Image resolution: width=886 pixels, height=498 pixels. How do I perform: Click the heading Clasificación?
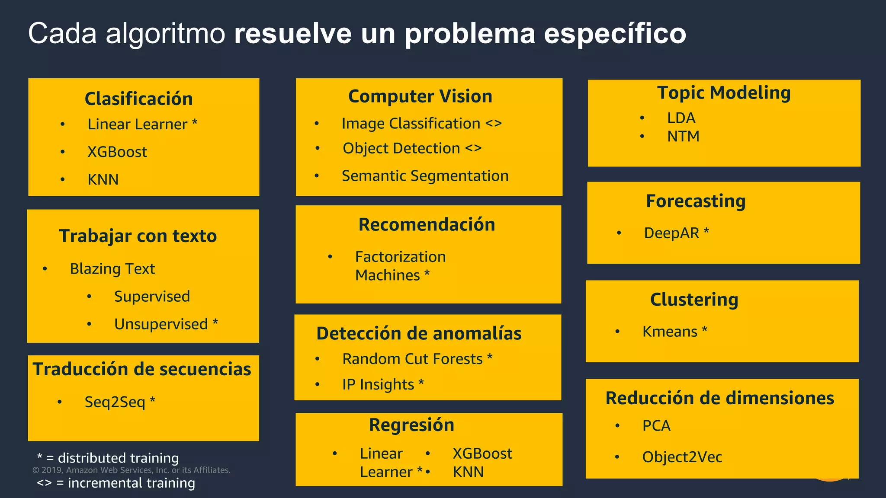click(x=138, y=99)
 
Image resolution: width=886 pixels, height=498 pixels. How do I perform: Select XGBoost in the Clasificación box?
click(x=117, y=152)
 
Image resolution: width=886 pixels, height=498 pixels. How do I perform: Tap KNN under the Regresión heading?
click(x=468, y=472)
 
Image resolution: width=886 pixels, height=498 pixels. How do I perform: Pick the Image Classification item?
click(x=411, y=124)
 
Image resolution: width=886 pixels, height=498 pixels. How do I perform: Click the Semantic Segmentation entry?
click(x=425, y=176)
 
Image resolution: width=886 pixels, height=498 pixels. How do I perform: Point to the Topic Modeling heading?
click(x=724, y=93)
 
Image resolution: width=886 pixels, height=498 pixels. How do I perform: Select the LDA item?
click(x=681, y=118)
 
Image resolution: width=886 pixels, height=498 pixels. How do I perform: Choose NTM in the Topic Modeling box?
click(x=683, y=137)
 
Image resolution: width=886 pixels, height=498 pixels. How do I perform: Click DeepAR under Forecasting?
click(x=671, y=233)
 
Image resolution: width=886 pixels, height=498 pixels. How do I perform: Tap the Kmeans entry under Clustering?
click(x=670, y=332)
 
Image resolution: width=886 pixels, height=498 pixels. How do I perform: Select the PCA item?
click(x=656, y=426)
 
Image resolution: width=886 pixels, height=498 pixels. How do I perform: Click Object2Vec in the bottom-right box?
click(x=682, y=457)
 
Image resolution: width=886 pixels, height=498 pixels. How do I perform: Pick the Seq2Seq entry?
click(x=115, y=402)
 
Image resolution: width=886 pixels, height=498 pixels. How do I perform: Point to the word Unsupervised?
click(x=161, y=324)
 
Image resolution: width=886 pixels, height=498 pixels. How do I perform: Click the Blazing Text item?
click(x=112, y=269)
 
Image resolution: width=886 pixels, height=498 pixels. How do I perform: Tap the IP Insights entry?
click(x=378, y=384)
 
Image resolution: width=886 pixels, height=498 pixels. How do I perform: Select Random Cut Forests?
click(x=412, y=359)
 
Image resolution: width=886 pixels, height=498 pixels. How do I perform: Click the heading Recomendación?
click(x=427, y=225)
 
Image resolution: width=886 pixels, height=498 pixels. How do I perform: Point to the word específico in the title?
click(x=615, y=34)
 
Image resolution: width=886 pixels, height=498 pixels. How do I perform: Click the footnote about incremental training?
click(x=116, y=483)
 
